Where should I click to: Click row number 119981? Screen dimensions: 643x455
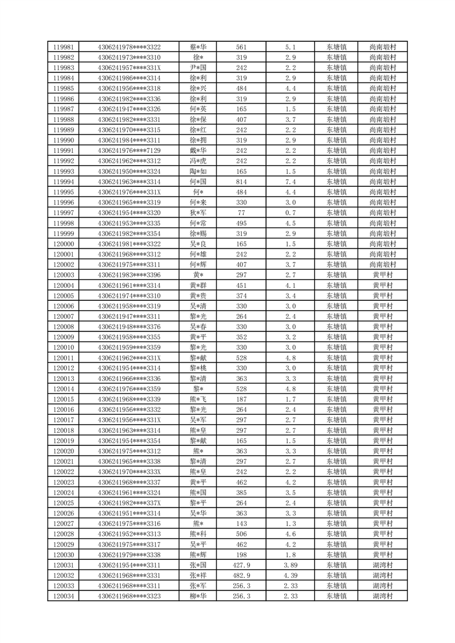click(x=63, y=47)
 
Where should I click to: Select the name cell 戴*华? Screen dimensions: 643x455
click(x=198, y=151)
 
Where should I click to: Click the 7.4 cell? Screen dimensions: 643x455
click(x=290, y=182)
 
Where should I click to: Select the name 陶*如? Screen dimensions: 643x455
click(x=198, y=171)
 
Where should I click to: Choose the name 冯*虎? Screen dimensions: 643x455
click(x=198, y=161)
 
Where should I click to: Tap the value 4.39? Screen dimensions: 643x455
click(x=290, y=575)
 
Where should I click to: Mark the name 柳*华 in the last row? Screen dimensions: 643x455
click(x=198, y=596)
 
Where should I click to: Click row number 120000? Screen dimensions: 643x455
click(x=63, y=244)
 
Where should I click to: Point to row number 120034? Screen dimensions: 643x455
click(x=63, y=596)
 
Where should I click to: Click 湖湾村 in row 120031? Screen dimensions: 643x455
click(x=382, y=565)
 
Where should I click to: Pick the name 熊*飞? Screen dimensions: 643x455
click(x=198, y=399)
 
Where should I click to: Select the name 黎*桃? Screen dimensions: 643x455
click(x=198, y=368)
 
